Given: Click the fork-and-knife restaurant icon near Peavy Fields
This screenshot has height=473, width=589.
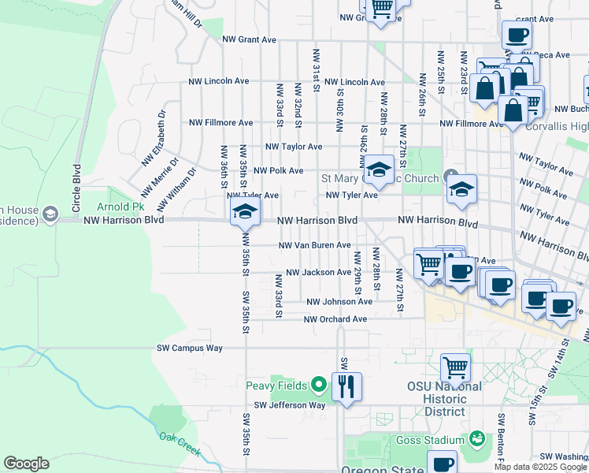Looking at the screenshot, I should click(x=346, y=386).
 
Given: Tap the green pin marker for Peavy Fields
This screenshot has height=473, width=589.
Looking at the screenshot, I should click(x=318, y=385).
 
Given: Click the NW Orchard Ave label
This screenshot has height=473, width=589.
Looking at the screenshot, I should click(x=335, y=319).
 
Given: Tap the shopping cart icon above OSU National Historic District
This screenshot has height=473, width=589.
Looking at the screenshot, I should click(x=455, y=367).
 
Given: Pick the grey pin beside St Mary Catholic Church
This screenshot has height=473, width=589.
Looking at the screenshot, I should click(x=450, y=175).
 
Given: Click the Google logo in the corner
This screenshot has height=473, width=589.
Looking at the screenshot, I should click(x=26, y=464).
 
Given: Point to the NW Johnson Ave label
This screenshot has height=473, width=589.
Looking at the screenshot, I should click(x=339, y=302).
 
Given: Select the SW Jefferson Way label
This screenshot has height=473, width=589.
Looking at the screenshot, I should click(x=286, y=405).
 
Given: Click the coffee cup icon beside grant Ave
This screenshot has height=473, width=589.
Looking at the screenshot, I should click(x=517, y=35).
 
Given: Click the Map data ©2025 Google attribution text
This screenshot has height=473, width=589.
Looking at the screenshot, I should click(x=539, y=467).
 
